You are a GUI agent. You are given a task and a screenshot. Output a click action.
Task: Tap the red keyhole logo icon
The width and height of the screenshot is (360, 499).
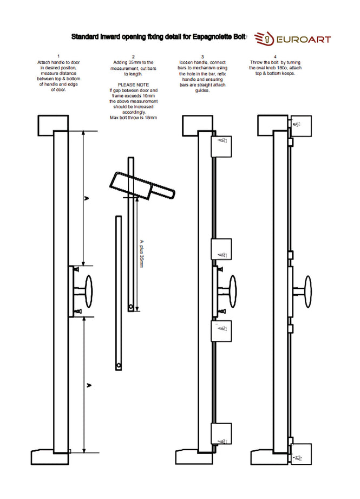click(263, 39)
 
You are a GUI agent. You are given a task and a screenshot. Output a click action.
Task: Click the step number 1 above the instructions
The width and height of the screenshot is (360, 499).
click(58, 56)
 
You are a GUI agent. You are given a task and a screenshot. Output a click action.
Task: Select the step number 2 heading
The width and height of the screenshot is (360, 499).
click(133, 56)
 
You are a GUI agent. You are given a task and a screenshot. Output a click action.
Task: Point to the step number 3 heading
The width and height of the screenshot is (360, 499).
click(202, 56)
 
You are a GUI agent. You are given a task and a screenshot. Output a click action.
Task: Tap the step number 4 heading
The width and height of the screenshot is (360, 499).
click(275, 56)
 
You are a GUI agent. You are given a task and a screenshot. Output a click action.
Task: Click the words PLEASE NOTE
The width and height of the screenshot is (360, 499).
click(133, 85)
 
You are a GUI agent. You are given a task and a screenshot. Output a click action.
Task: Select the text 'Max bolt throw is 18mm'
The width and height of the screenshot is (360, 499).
click(133, 118)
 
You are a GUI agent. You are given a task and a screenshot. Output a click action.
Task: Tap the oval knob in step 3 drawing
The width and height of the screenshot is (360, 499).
click(233, 291)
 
